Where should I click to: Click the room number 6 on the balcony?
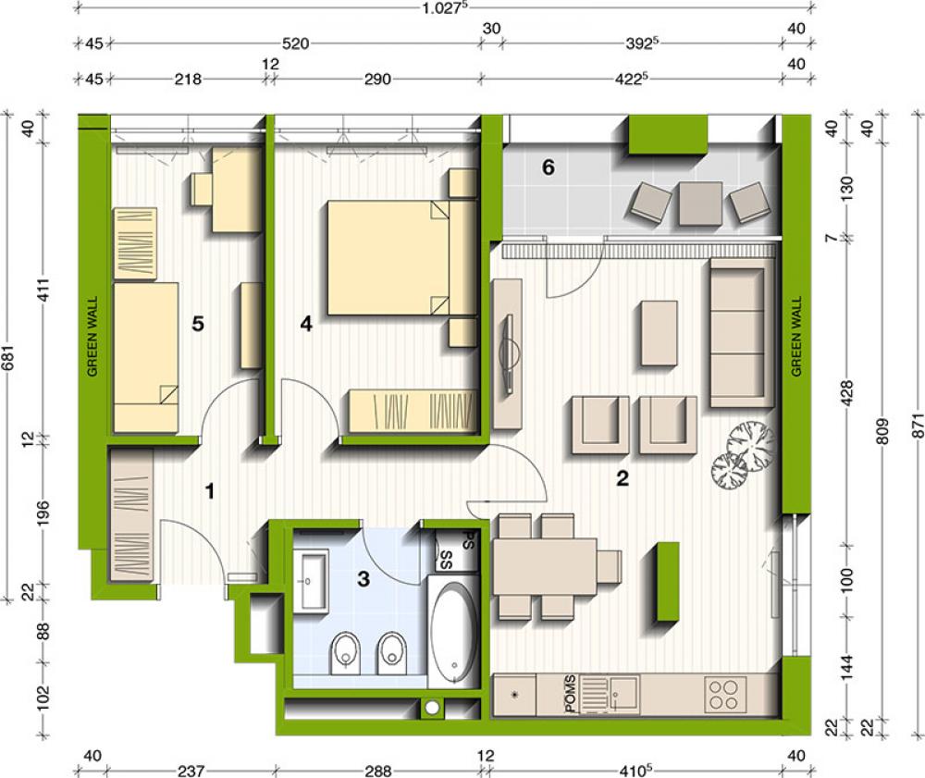(548, 167)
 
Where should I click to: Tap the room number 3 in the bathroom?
(364, 578)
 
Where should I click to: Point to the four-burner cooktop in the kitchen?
(724, 695)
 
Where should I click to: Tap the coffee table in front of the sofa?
(659, 333)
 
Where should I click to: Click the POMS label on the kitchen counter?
(571, 695)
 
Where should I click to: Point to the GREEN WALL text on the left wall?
(92, 336)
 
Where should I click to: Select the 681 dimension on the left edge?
(7, 357)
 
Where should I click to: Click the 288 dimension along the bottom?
(377, 771)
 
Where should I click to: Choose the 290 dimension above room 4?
(377, 79)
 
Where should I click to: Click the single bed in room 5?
(146, 357)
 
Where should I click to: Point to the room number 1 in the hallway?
(209, 490)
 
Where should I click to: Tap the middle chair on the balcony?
(700, 204)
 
